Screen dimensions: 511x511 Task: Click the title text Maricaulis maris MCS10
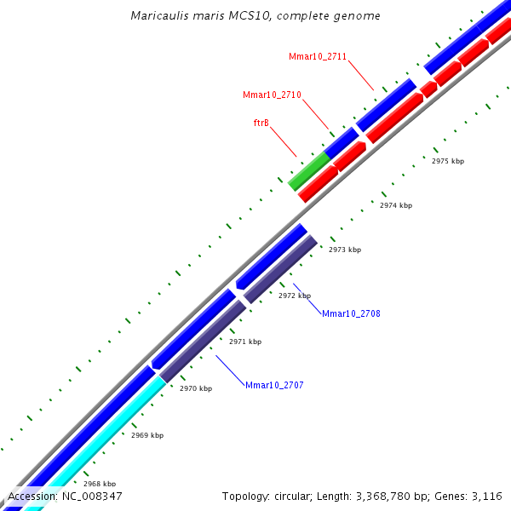(x=255, y=16)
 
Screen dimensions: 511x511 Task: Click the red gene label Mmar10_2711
(x=317, y=56)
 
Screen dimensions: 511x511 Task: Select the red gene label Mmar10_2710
(x=272, y=95)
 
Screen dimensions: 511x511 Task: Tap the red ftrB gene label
(x=261, y=123)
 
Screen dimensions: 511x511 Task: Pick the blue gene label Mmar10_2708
(x=351, y=313)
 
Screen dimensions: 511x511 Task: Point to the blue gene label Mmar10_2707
(x=274, y=385)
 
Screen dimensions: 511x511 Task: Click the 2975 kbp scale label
(x=447, y=161)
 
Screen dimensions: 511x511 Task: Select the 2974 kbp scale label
(x=395, y=205)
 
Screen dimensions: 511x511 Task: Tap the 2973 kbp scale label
(x=344, y=250)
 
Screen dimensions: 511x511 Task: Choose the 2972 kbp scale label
(x=294, y=296)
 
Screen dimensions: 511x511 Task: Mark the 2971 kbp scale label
(x=244, y=342)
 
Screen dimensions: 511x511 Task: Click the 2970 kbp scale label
(x=195, y=388)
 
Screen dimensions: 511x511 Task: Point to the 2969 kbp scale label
(x=146, y=435)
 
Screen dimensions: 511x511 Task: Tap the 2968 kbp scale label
(x=99, y=483)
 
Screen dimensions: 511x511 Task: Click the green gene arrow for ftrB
(x=308, y=171)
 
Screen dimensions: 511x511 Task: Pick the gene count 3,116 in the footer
(x=486, y=496)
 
